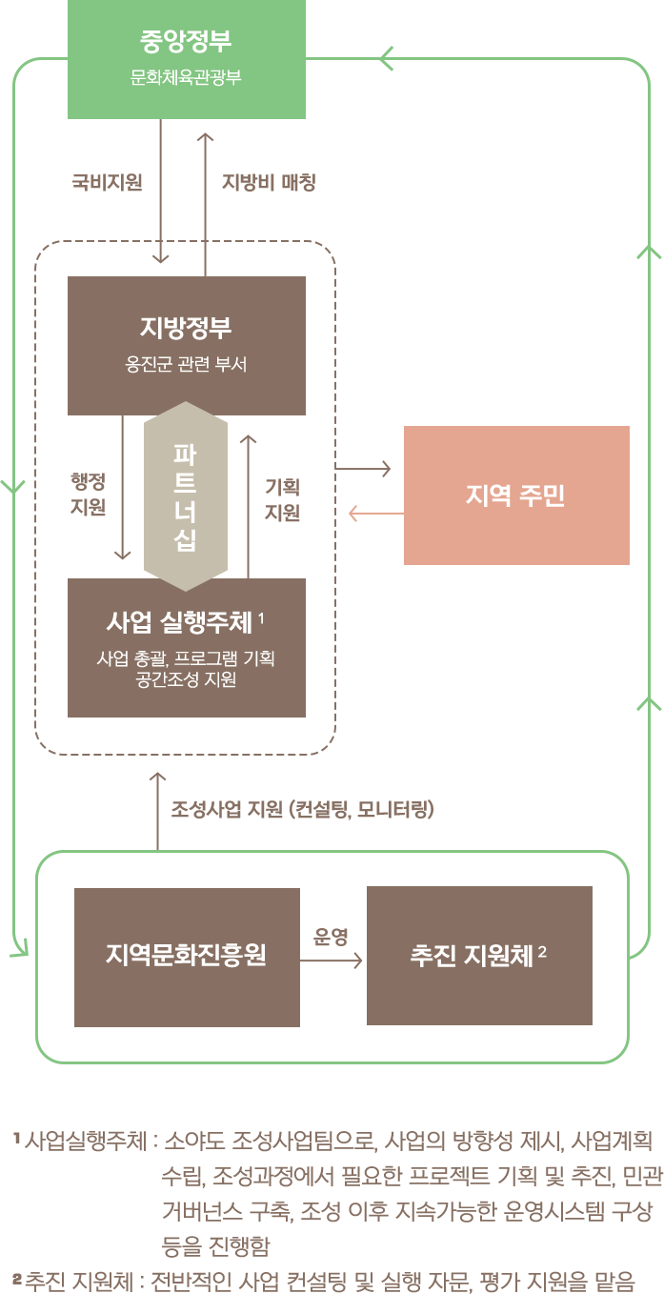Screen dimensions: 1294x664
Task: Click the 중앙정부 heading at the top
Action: point(186,42)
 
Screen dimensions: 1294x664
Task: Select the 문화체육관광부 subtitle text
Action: point(186,77)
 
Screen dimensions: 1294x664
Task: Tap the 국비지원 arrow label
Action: point(108,183)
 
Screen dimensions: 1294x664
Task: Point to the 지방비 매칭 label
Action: point(269,183)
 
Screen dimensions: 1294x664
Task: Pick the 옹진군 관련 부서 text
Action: point(187,364)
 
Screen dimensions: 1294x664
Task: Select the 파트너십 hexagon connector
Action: point(186,495)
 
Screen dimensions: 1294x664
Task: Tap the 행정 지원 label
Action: point(88,495)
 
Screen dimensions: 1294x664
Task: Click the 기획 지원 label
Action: point(282,500)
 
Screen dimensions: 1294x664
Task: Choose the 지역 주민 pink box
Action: point(516,495)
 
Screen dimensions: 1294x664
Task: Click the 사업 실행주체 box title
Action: point(180,623)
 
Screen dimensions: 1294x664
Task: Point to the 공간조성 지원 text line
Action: point(187,680)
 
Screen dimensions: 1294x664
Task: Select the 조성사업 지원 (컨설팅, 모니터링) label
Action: point(303,811)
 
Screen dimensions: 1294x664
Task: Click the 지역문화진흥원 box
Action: point(187,955)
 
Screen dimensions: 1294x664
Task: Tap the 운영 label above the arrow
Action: point(332,937)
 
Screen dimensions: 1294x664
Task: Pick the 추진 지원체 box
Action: point(479,956)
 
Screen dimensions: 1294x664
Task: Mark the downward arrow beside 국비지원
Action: point(161,191)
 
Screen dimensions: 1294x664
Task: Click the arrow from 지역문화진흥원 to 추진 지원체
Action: point(332,960)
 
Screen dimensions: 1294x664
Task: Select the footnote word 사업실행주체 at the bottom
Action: point(87,1141)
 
